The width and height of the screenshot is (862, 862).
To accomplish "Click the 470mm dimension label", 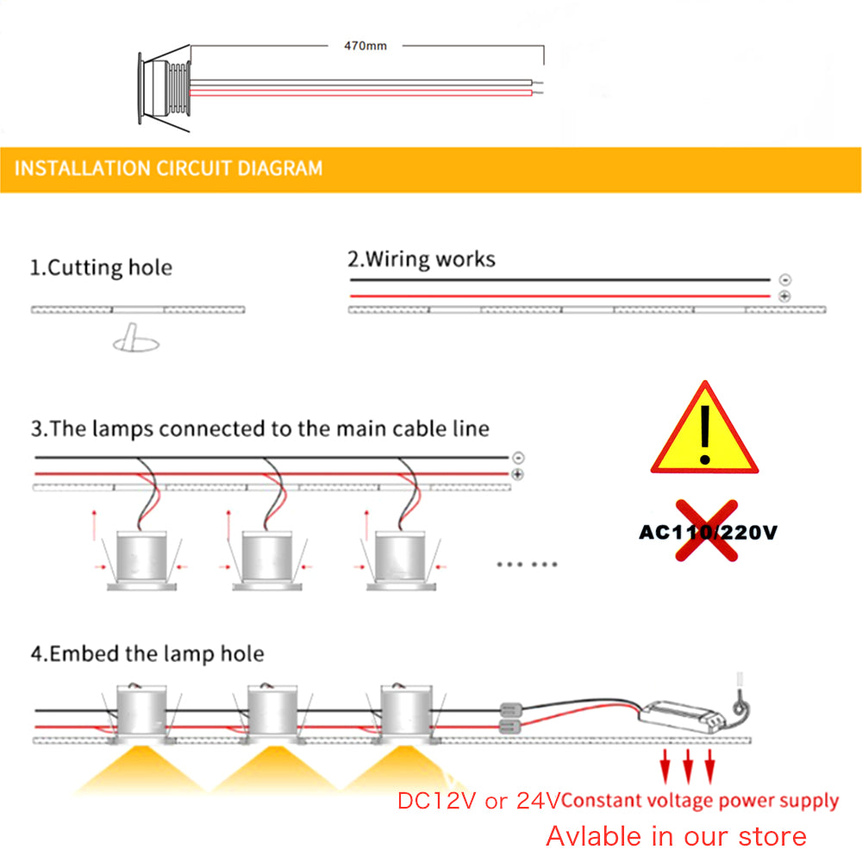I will click(365, 46).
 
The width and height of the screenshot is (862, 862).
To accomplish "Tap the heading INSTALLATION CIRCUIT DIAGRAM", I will click(169, 168).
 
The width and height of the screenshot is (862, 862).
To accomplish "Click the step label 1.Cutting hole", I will click(101, 267).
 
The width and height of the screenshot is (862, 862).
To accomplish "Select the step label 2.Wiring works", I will click(421, 259).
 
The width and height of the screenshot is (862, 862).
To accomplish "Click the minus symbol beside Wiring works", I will click(784, 280).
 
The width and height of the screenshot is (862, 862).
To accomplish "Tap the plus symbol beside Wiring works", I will click(784, 297).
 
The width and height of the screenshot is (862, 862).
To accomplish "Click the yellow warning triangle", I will click(704, 431).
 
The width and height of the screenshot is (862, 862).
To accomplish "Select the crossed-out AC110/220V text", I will click(707, 532).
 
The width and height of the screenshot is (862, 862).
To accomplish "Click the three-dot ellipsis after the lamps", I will click(528, 565).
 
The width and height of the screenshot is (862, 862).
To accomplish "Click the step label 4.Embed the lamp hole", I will click(147, 653).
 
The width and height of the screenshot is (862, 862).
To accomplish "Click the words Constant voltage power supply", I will click(701, 801).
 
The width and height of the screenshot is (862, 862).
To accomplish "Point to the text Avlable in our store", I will click(676, 835).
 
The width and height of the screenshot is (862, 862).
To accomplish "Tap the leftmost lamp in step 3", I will click(140, 560).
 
